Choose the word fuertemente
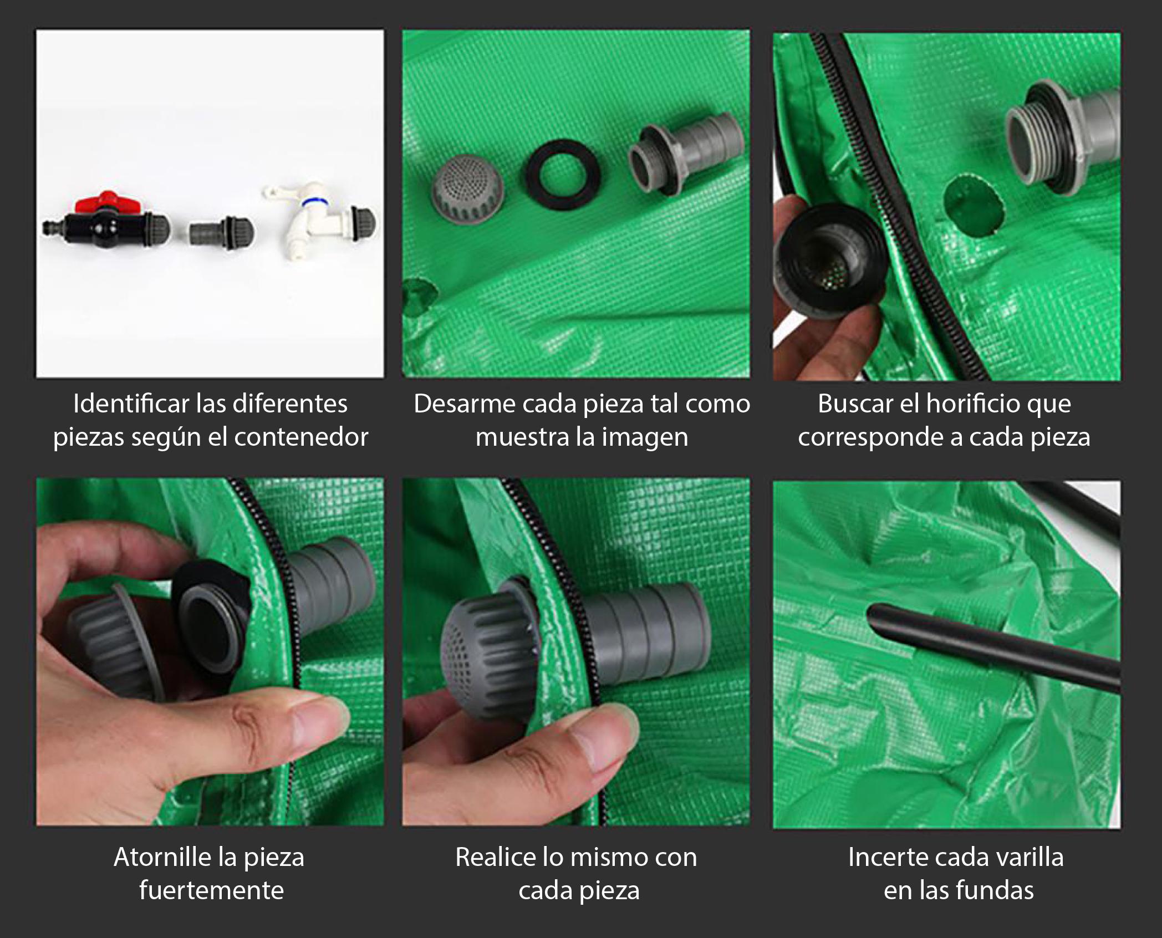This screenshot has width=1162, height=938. tap(211, 890)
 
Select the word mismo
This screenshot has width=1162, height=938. tap(611, 857)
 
